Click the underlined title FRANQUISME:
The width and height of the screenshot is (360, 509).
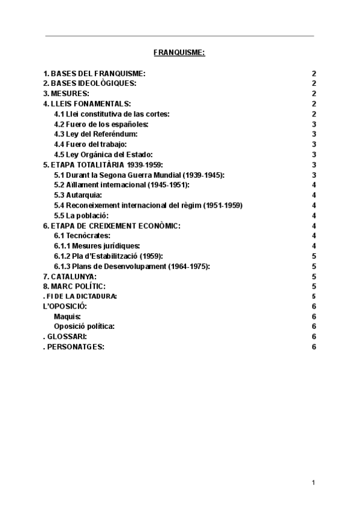pyautogui.click(x=179, y=53)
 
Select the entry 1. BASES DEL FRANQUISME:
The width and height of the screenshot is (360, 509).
pyautogui.click(x=94, y=73)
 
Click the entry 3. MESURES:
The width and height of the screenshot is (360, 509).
pyautogui.click(x=66, y=94)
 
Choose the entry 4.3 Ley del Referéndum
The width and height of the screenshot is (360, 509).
pyautogui.click(x=96, y=134)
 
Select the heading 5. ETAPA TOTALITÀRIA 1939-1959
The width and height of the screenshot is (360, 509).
pyautogui.click(x=103, y=164)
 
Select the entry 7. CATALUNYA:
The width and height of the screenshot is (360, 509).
pyautogui.click(x=70, y=276)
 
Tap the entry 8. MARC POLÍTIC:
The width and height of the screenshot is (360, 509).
pyautogui.click(x=74, y=286)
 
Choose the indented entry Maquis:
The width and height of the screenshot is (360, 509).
pyautogui.click(x=67, y=316)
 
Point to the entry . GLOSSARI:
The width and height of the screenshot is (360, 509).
pyautogui.click(x=65, y=337)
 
